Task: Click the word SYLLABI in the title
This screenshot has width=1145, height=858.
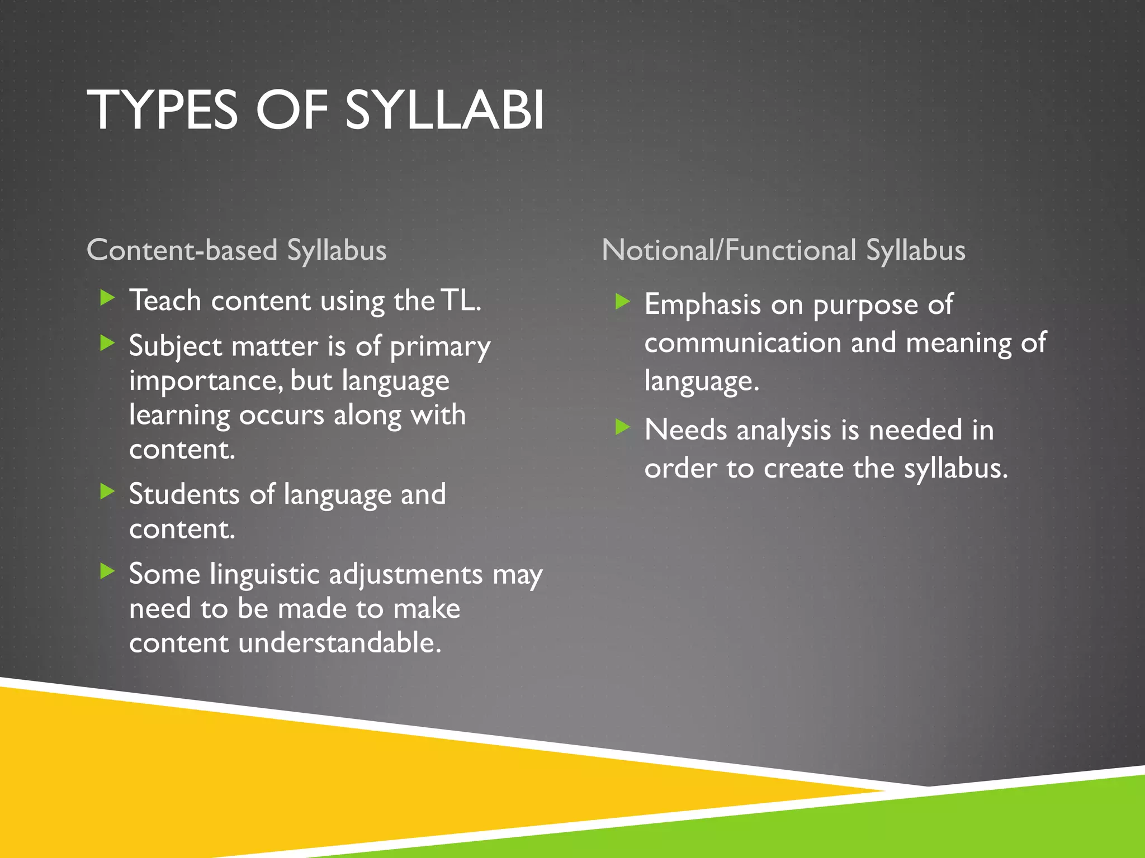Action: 444,111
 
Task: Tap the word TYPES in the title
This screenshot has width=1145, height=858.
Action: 163,111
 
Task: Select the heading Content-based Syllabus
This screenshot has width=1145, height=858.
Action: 236,250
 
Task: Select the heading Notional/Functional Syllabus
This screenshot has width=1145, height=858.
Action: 783,250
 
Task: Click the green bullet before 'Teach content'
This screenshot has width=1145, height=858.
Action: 107,298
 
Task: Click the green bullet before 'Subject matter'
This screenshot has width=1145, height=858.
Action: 107,342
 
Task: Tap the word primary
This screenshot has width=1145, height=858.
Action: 440,347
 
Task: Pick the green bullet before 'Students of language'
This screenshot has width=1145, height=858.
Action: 107,492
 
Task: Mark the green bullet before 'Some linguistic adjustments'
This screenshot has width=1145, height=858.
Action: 107,571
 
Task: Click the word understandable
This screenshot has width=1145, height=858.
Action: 340,643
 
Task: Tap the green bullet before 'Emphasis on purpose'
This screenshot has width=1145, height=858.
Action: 622,302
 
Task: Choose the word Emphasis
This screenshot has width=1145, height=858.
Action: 703,305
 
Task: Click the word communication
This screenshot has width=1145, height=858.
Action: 742,342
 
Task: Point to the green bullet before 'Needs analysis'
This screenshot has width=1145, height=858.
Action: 622,427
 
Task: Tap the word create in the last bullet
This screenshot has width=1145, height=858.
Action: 803,469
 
